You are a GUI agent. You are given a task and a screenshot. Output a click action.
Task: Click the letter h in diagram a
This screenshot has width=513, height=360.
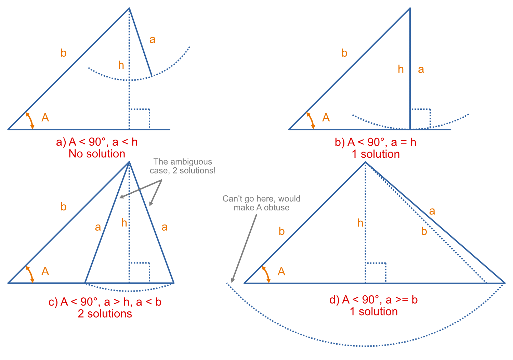(121, 65)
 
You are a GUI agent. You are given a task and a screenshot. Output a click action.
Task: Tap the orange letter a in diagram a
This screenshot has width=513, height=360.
(152, 40)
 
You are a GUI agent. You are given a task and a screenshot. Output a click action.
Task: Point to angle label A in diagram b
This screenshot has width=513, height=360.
(326, 117)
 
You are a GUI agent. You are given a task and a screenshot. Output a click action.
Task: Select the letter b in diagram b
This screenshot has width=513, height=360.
(344, 53)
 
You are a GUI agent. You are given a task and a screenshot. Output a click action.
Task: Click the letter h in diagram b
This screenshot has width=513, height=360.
(400, 69)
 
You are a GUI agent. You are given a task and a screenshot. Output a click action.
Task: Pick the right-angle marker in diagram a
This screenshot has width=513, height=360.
(140, 118)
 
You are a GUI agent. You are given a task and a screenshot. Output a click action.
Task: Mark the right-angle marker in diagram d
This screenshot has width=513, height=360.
(376, 272)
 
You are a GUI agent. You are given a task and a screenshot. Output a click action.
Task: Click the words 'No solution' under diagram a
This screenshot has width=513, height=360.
(97, 154)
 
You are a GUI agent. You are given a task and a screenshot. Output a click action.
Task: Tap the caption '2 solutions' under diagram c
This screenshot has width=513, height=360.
(105, 313)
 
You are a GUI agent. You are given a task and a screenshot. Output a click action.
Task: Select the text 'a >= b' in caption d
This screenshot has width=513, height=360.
(402, 300)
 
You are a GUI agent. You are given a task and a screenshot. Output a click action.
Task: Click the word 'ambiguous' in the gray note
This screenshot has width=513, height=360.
(191, 162)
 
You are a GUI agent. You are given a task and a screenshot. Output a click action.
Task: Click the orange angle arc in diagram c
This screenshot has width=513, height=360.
(30, 274)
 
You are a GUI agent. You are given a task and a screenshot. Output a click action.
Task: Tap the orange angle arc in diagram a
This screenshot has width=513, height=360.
(30, 120)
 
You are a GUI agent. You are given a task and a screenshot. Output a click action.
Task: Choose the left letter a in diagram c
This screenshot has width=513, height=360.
(98, 227)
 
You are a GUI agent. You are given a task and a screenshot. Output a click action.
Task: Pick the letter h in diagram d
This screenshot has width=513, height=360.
(360, 223)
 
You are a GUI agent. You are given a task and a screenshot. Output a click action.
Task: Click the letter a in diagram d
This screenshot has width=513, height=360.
(432, 211)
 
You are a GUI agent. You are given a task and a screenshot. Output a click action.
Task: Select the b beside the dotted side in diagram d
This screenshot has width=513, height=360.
(424, 231)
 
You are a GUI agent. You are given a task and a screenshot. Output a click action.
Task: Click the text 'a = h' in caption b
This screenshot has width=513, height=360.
(404, 142)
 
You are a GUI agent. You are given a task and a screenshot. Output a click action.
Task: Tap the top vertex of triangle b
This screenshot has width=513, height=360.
(410, 9)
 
